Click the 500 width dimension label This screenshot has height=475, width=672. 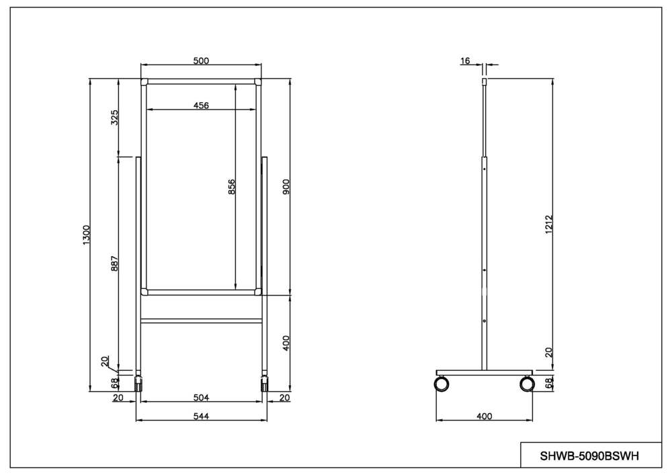pos(201,61)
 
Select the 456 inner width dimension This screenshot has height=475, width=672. pos(201,105)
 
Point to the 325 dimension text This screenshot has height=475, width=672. pos(114,118)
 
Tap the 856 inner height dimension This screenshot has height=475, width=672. pos(231,187)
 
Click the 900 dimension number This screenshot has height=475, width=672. pos(286,187)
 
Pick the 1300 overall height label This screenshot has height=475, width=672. pos(87,235)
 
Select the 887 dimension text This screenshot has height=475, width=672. pos(114,264)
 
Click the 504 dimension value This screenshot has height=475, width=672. pos(201,398)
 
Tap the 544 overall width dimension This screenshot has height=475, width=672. pos(201,417)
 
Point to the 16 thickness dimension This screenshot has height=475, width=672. pos(465,61)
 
